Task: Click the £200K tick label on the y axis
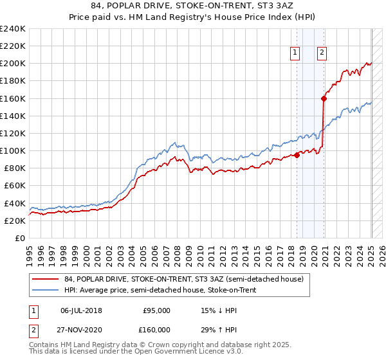coord(13,64)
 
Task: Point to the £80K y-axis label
coord(15,168)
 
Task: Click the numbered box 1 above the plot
coord(295,53)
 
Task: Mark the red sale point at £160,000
coord(324,98)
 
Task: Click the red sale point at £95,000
coord(297,155)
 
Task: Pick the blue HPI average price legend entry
coord(160,291)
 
